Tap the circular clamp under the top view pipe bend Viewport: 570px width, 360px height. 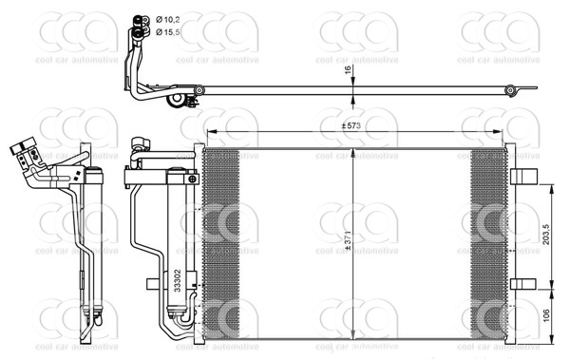pyautogui.click(x=176, y=100)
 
